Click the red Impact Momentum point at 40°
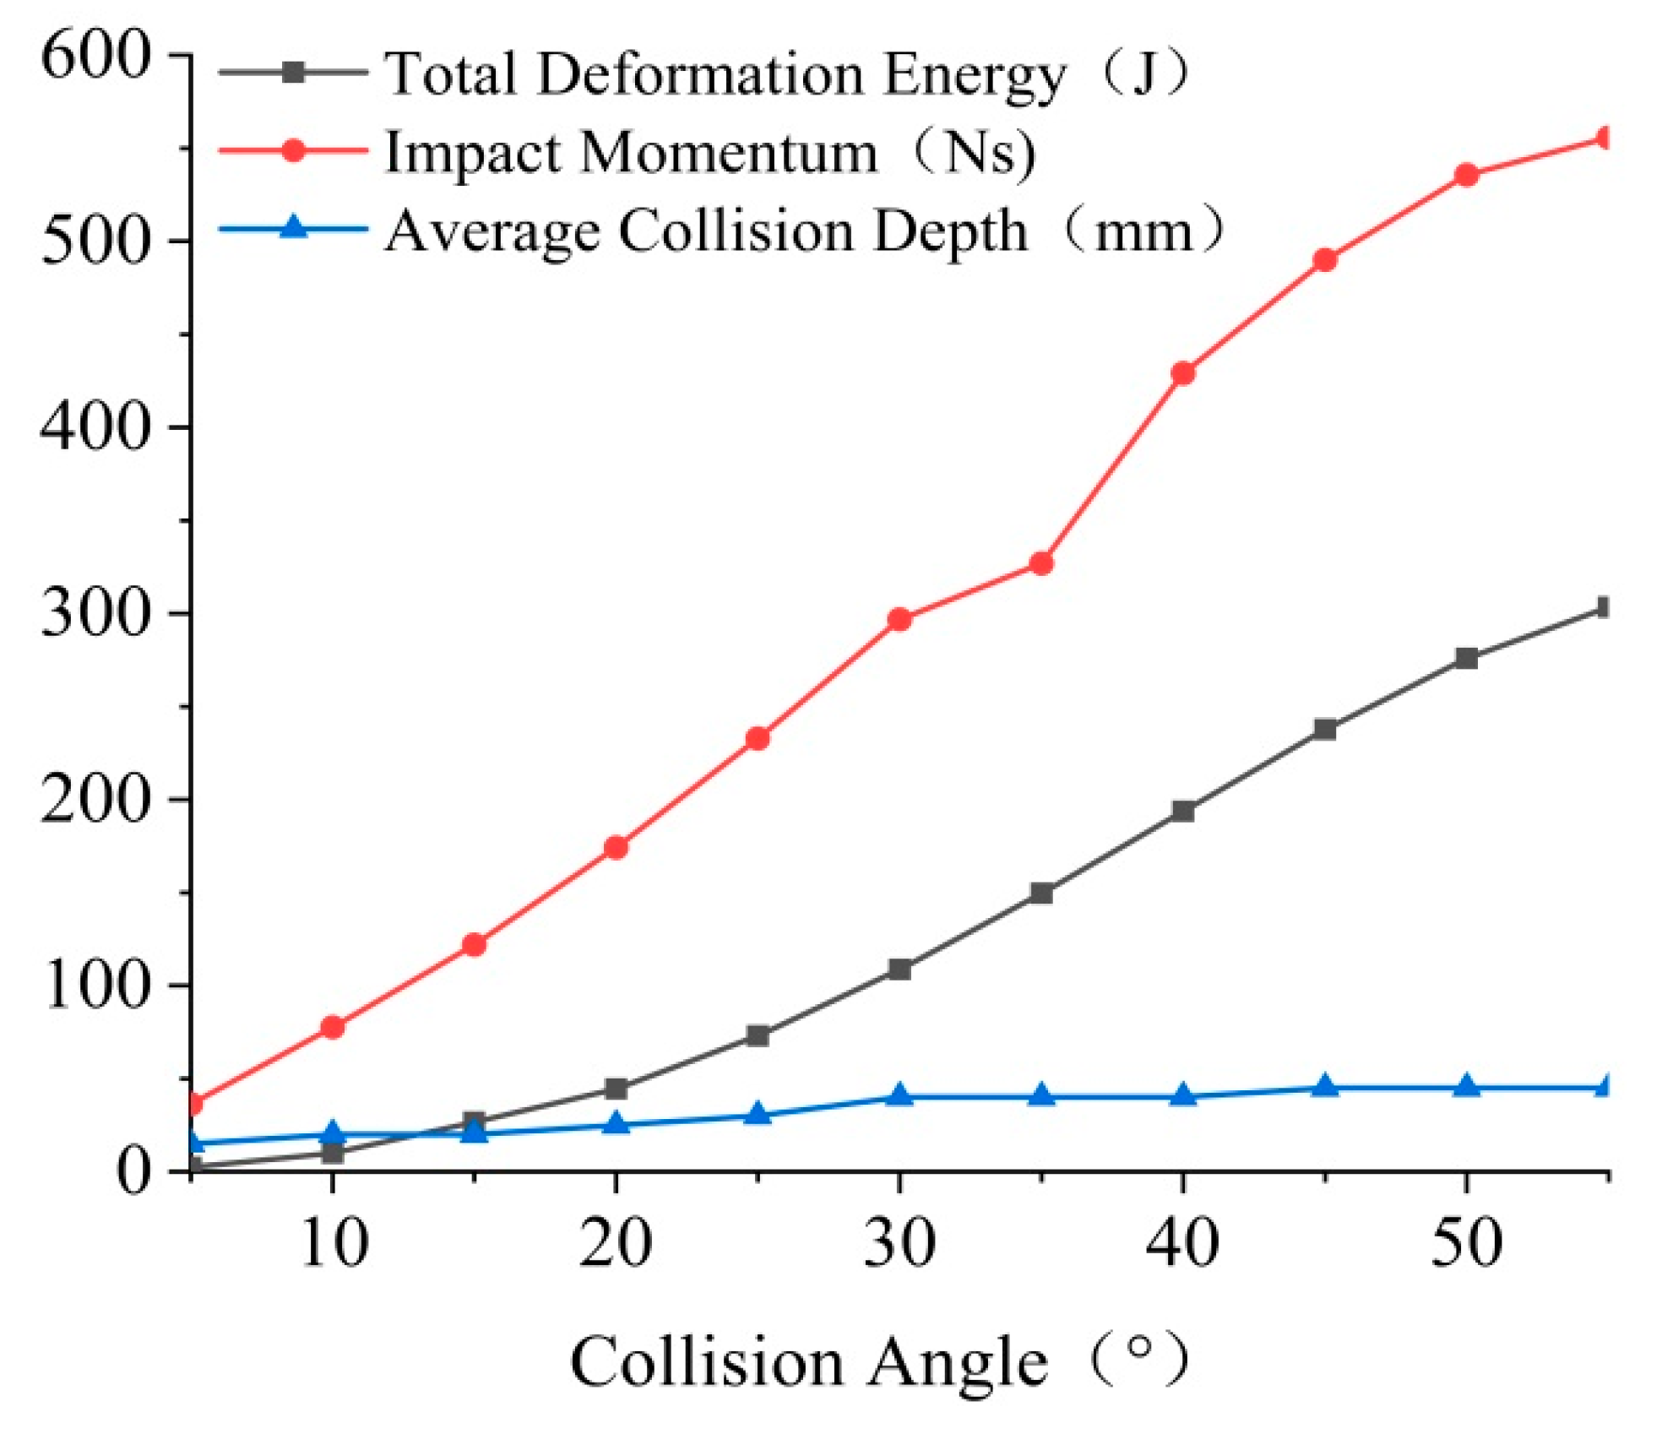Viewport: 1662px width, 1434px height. coord(1183,373)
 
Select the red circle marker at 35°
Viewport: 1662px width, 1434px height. coord(1041,563)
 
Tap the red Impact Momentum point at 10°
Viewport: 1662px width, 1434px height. coord(333,1027)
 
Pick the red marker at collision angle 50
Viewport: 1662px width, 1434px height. coord(1467,176)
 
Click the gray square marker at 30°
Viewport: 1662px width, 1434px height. coord(899,969)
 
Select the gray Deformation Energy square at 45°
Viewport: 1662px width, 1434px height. coord(1325,729)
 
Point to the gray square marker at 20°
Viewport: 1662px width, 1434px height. coord(616,1089)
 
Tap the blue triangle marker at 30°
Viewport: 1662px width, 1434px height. coord(899,1096)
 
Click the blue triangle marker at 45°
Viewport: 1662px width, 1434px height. coord(1325,1087)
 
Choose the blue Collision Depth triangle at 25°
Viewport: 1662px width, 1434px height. coord(758,1115)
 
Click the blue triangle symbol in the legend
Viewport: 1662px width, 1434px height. coord(293,228)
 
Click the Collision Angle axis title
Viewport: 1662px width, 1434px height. coord(878,1361)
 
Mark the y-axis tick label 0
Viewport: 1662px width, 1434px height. coord(133,1172)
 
